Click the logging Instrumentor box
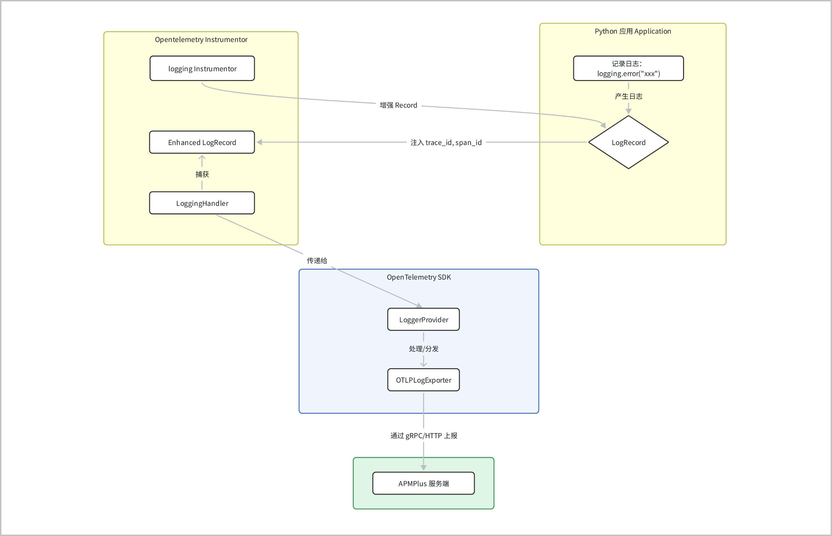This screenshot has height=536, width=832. [x=202, y=68]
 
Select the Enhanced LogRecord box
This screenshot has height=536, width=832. [x=202, y=142]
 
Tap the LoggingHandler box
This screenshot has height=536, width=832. [x=202, y=203]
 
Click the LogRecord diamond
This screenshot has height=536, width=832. [x=628, y=142]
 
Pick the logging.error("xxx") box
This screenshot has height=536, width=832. [x=628, y=68]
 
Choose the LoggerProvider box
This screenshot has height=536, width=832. [x=423, y=319]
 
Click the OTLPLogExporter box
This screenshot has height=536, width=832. [x=423, y=380]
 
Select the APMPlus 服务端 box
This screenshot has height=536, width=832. [x=423, y=483]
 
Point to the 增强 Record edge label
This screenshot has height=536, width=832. [x=398, y=105]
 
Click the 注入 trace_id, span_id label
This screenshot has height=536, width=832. [x=446, y=142]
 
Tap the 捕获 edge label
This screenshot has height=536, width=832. [x=202, y=174]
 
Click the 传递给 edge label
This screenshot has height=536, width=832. [x=317, y=260]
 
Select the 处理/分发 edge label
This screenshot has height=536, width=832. [x=423, y=349]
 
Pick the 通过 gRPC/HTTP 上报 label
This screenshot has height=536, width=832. [x=423, y=435]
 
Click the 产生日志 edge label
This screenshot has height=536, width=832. [x=628, y=96]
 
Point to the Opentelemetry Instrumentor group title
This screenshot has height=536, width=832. [x=201, y=40]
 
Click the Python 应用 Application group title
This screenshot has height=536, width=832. [x=633, y=31]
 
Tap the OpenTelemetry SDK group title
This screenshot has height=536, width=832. [x=419, y=277]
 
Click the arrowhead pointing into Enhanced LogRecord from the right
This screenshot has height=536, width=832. [x=259, y=142]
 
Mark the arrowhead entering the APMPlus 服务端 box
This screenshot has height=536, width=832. [x=423, y=468]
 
